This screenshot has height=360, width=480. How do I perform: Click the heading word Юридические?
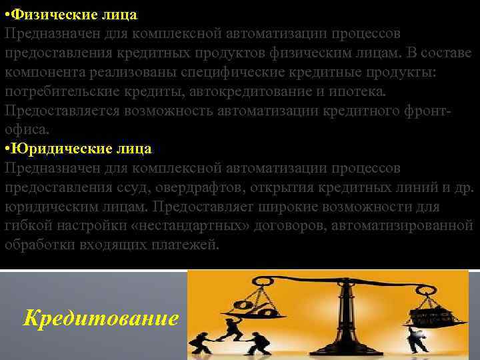click(59, 148)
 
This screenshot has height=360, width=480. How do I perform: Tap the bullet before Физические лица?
click(7, 14)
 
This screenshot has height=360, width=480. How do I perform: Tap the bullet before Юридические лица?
click(7, 148)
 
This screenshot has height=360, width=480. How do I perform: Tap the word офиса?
click(24, 129)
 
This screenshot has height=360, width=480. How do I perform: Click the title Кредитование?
click(101, 318)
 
